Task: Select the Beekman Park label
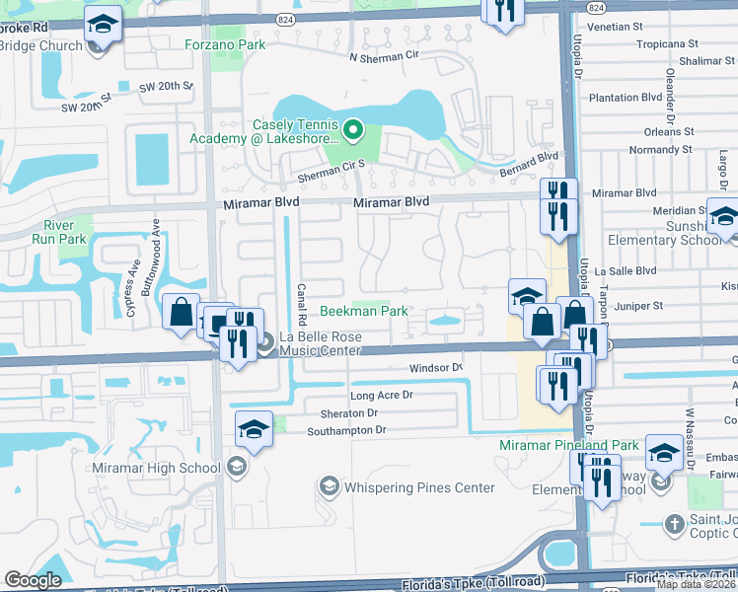pyautogui.click(x=364, y=311)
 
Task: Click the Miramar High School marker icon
pyautogui.click(x=237, y=467)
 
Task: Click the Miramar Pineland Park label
pyautogui.click(x=568, y=445)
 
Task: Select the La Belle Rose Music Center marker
pyautogui.click(x=267, y=342)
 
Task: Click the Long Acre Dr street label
pyautogui.click(x=380, y=396)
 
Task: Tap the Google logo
pyautogui.click(x=34, y=579)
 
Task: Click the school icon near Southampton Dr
pyautogui.click(x=253, y=428)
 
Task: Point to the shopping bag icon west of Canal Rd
pyautogui.click(x=183, y=313)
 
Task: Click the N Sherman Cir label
pyautogui.click(x=384, y=56)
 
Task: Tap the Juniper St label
pyautogui.click(x=634, y=307)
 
